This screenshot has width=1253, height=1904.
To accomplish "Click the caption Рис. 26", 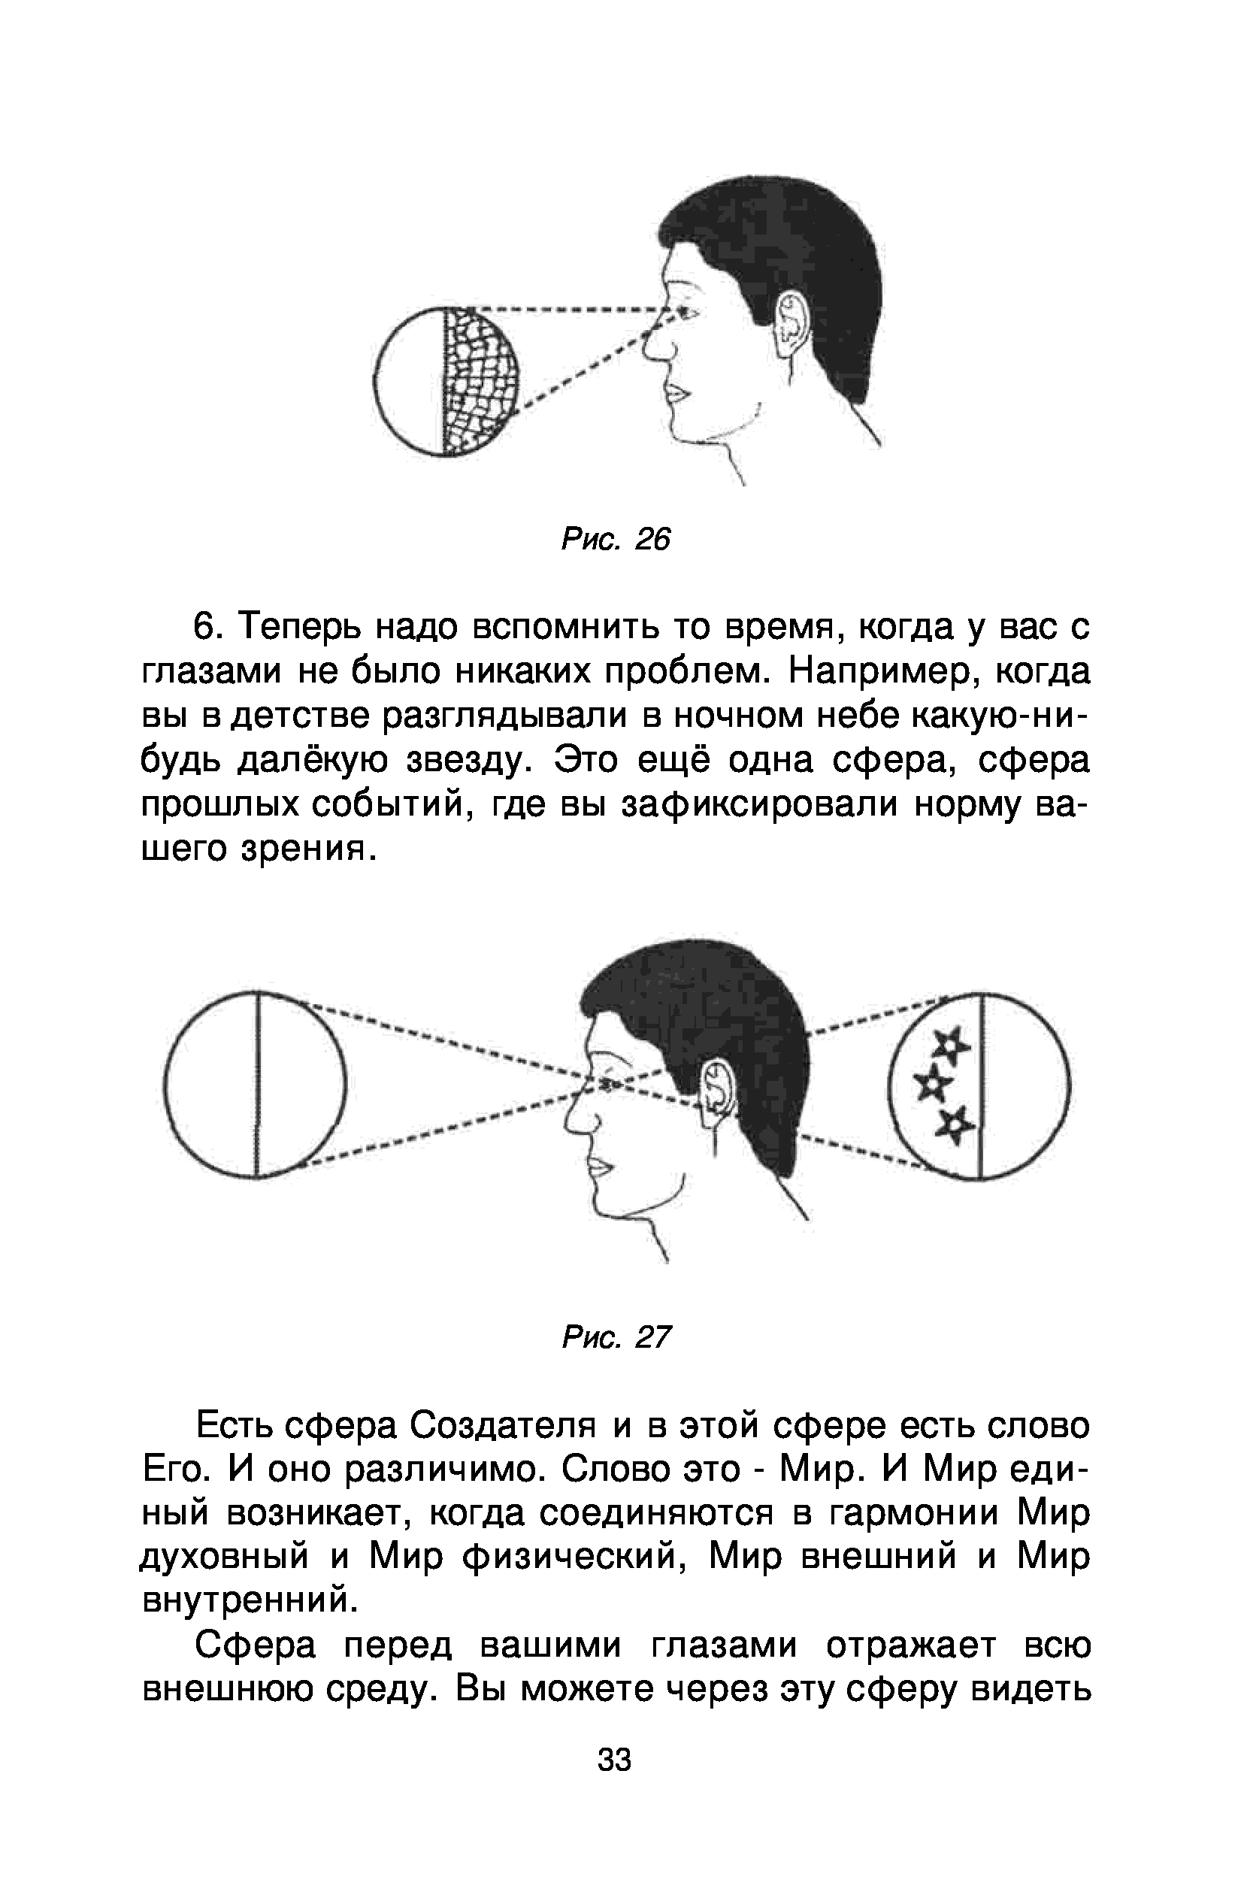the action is tap(616, 540).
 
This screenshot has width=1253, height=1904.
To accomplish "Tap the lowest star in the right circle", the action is tap(954, 1125).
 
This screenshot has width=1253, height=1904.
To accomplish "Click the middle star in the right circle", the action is tap(934, 1085).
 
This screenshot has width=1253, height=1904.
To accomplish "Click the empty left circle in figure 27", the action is tap(256, 1084).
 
